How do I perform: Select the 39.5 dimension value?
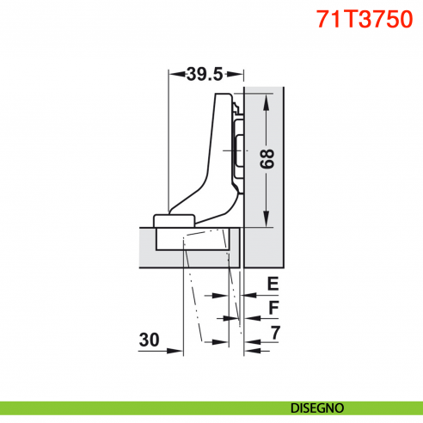[204, 75]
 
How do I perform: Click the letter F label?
[273, 307]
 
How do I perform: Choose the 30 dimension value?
[150, 340]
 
